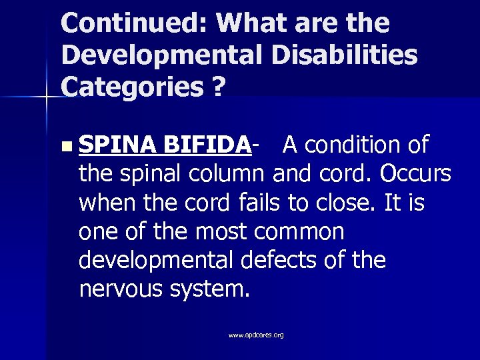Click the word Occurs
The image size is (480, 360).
pyautogui.click(x=416, y=174)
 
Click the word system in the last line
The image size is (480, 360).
pyautogui.click(x=211, y=289)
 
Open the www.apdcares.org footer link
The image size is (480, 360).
pyautogui.click(x=256, y=335)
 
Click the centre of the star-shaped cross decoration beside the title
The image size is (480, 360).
pyautogui.click(x=46, y=97)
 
